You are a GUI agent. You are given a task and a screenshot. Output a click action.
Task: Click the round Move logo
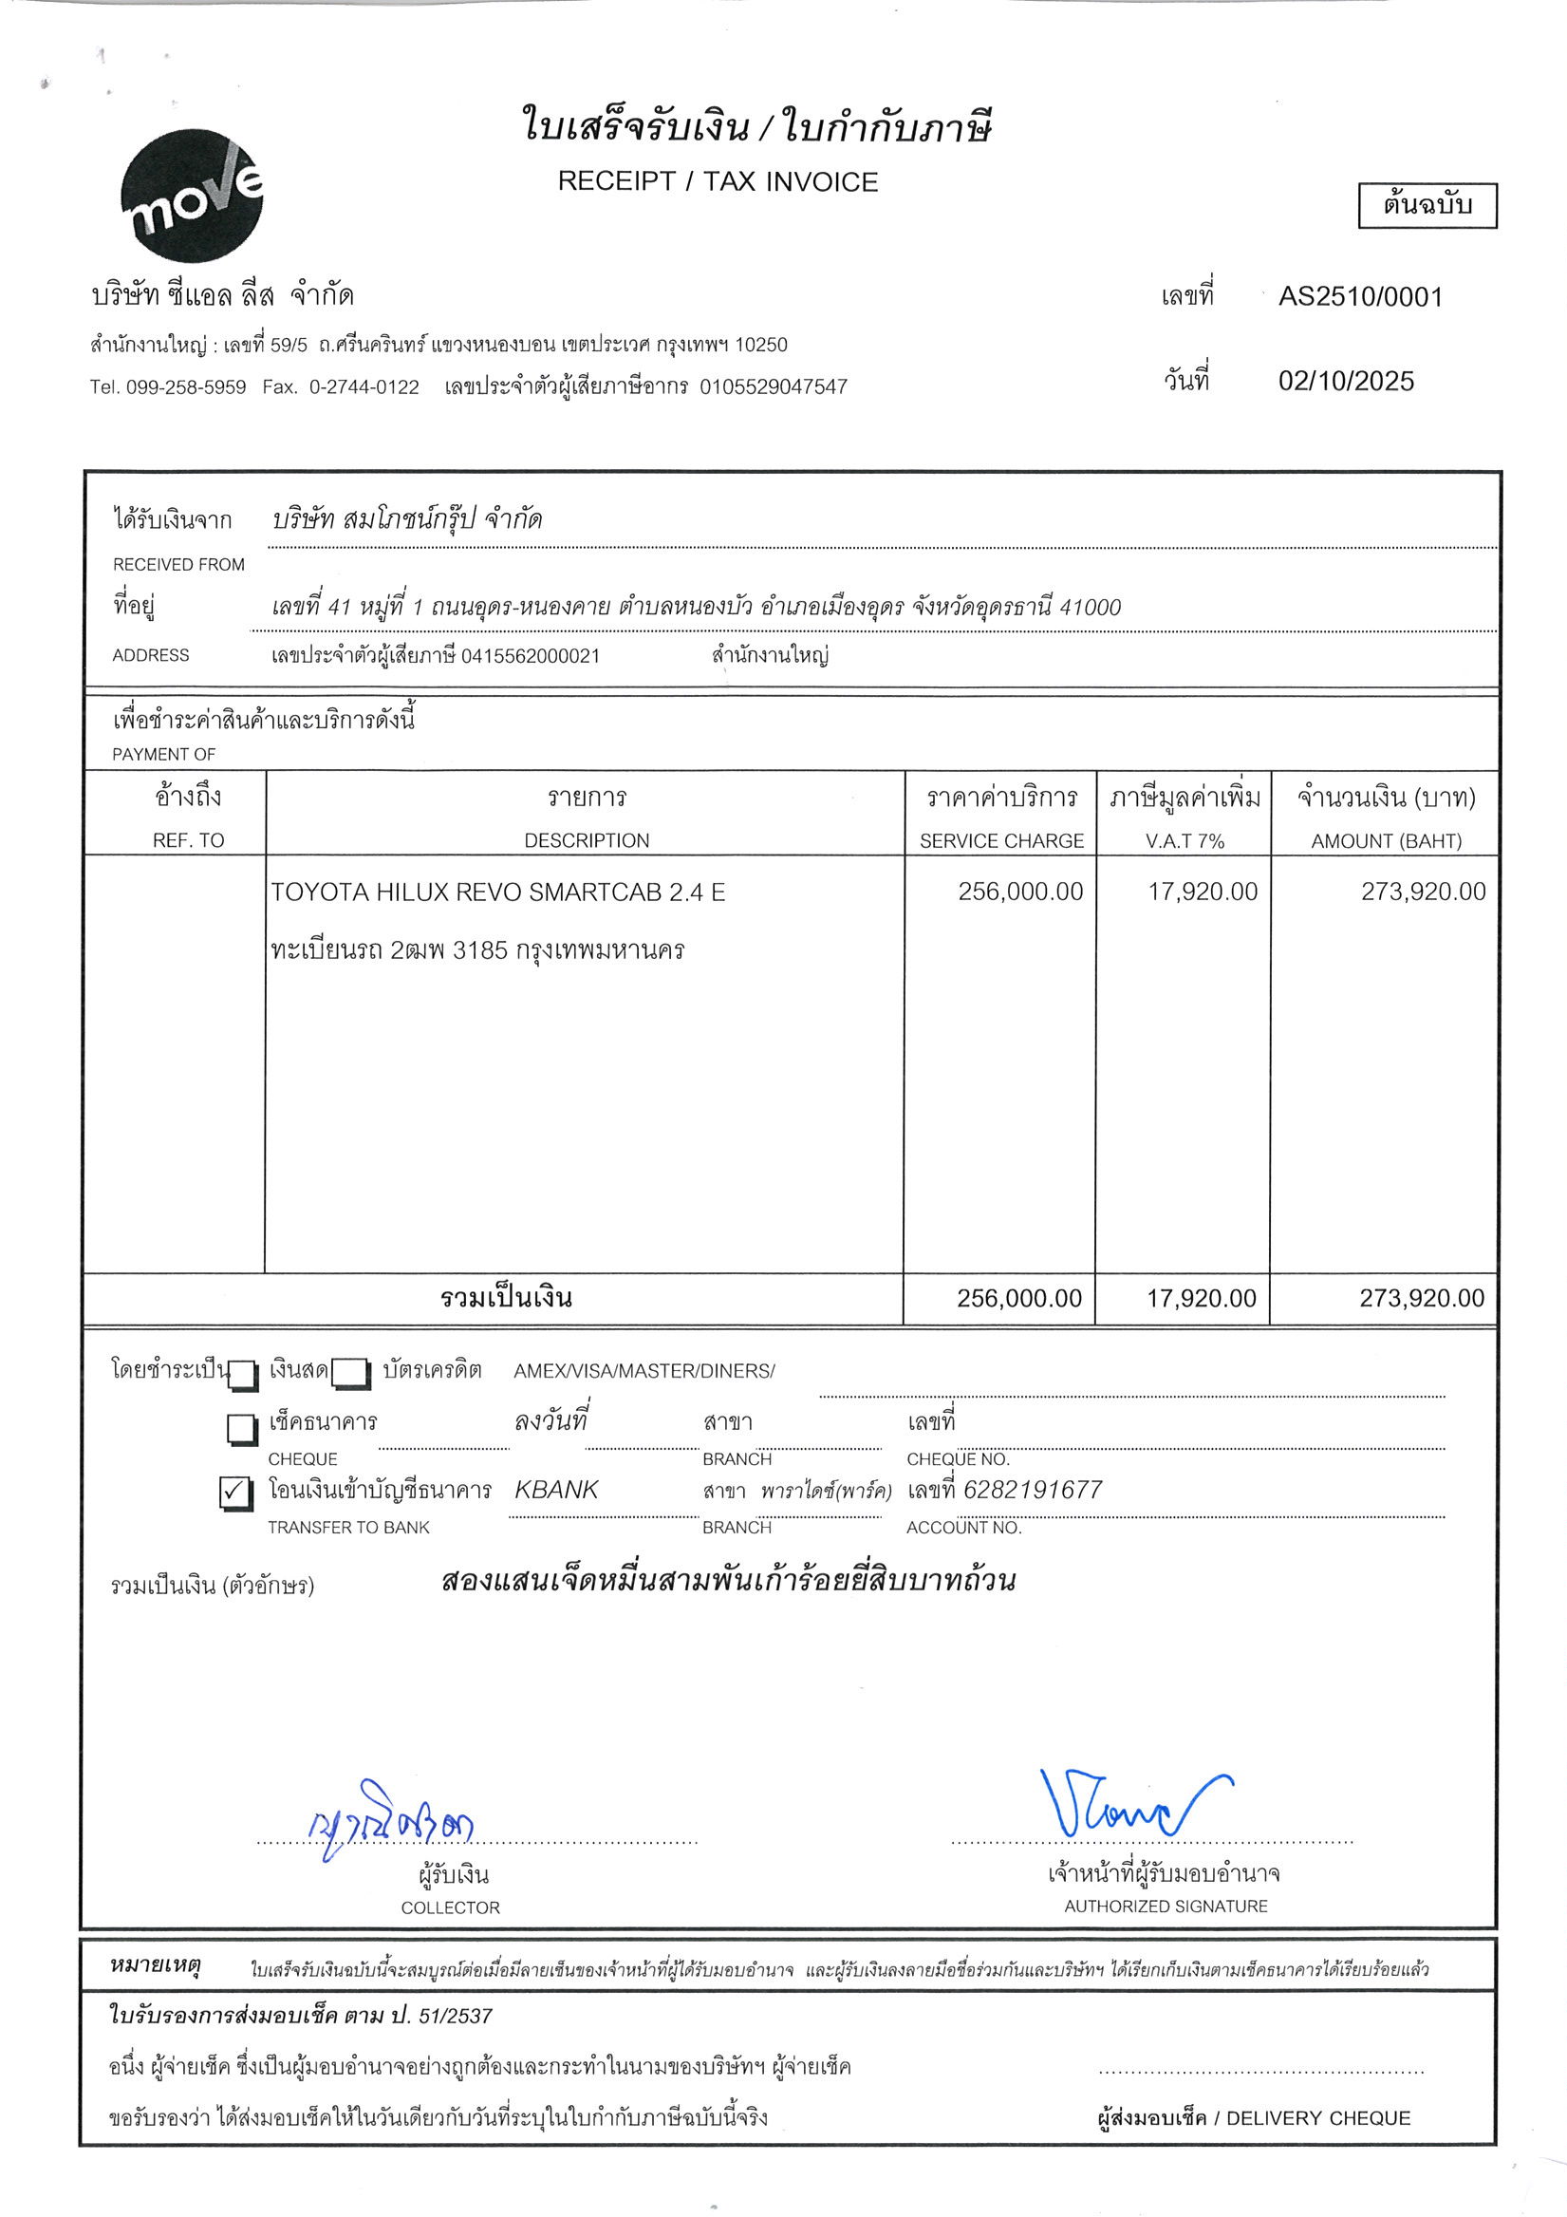(192, 197)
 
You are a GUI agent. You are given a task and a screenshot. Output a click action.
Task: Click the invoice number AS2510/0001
(1359, 296)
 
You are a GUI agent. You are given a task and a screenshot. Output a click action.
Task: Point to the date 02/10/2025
(1346, 381)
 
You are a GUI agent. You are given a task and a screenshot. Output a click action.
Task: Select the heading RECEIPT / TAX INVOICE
(718, 181)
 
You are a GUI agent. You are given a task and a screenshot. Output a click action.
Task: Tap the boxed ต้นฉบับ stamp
(1427, 206)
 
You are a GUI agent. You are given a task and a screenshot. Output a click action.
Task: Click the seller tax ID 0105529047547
(774, 387)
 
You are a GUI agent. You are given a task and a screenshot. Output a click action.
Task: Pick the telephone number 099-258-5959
(185, 387)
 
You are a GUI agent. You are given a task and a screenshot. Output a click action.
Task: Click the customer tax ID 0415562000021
(530, 657)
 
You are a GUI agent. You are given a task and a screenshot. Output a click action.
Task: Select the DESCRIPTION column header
(586, 840)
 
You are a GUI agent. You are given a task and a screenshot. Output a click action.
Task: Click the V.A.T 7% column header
(1185, 840)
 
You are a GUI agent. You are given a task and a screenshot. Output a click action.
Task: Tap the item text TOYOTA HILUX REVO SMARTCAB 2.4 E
(498, 892)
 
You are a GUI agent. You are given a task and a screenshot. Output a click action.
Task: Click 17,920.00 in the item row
(1202, 892)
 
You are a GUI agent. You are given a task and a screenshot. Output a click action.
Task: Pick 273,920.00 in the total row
(1421, 1298)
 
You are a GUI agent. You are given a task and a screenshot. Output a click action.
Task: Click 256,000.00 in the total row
(1018, 1298)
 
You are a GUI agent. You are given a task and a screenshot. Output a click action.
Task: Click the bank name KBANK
(556, 1490)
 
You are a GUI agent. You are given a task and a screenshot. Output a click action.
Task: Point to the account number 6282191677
(1032, 1490)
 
